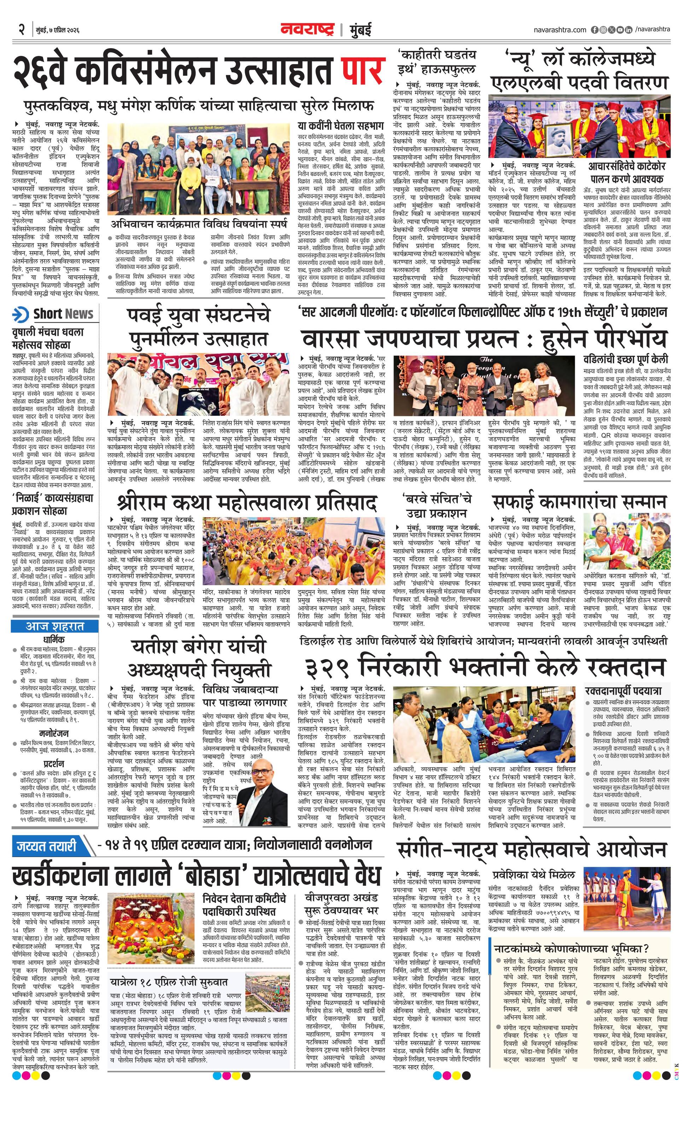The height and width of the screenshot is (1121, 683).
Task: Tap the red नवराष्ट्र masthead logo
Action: point(307,30)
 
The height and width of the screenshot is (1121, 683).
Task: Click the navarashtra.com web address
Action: point(560,30)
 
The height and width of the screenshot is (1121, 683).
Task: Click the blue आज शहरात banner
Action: point(54,627)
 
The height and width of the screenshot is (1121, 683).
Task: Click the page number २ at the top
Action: point(21,30)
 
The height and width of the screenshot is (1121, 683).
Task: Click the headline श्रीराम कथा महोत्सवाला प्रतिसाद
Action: point(247,503)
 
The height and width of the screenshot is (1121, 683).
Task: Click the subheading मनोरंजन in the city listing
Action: point(54,734)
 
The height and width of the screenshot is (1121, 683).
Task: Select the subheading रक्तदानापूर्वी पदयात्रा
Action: point(626,689)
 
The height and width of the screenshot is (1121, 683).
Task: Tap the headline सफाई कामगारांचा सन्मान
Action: point(579,502)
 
